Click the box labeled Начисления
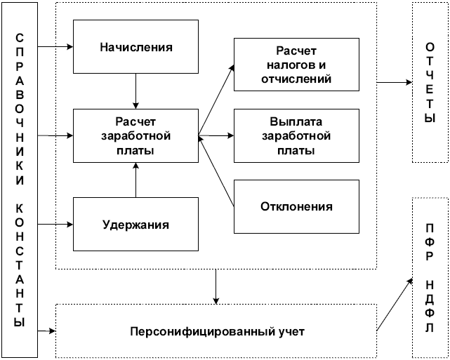[136, 48]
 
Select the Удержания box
[136, 225]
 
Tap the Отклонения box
[296, 206]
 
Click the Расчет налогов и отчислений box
[296, 66]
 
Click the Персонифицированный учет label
[216, 331]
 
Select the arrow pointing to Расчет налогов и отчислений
[218, 98]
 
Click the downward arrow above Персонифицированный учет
[216, 286]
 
